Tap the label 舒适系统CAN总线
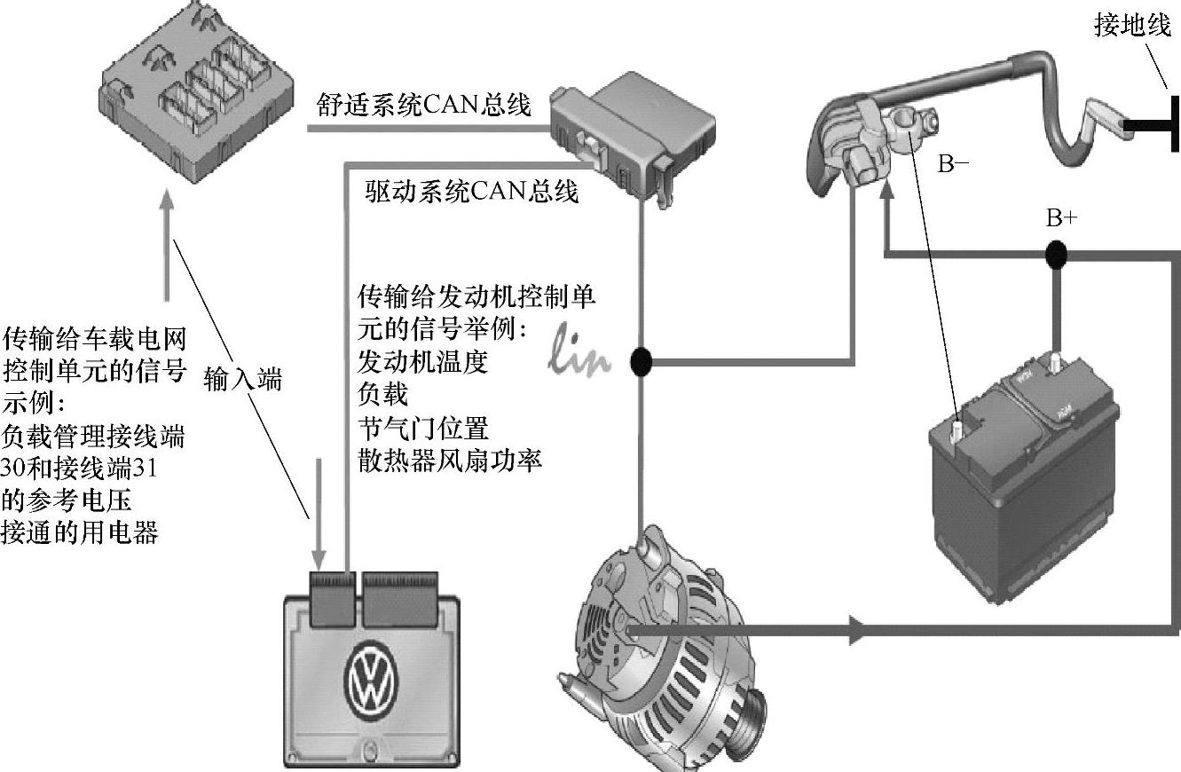(x=424, y=106)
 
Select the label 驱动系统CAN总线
(x=472, y=190)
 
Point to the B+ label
(x=1060, y=219)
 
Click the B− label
(x=955, y=163)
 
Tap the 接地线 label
(x=1133, y=28)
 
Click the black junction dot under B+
(x=1055, y=256)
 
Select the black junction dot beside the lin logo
(x=640, y=361)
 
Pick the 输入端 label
(x=242, y=379)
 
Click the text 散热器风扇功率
(x=450, y=461)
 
